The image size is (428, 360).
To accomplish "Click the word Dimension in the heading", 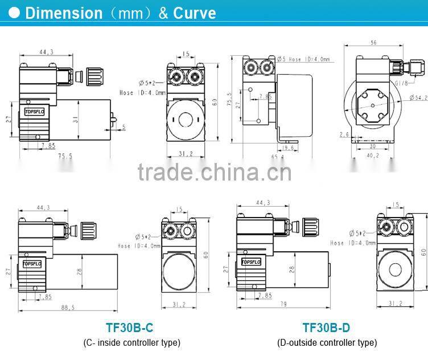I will tap(64, 13).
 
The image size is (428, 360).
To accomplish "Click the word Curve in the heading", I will tap(195, 13).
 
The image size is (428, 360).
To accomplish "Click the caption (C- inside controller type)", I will tap(131, 342).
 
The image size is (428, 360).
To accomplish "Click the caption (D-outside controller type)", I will tap(327, 342).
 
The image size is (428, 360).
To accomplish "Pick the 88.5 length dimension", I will tap(67, 308).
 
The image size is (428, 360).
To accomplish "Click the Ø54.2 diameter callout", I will tap(418, 98).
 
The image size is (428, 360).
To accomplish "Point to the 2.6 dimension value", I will tap(344, 135).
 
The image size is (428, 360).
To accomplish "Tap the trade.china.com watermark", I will tap(214, 171).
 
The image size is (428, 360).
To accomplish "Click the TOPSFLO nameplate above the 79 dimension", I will tap(250, 262).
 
